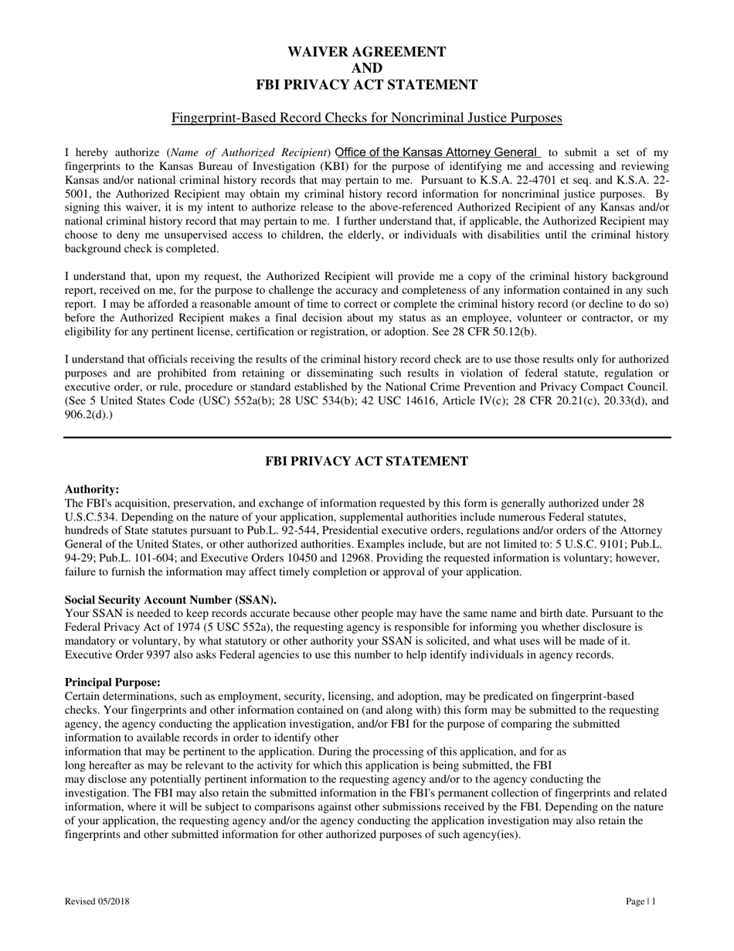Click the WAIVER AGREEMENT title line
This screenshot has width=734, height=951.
point(366,52)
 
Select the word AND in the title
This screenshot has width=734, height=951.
point(366,68)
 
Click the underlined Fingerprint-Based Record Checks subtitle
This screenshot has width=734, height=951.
point(366,118)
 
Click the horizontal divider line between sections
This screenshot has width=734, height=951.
point(366,438)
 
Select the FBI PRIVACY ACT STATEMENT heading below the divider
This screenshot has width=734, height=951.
point(366,462)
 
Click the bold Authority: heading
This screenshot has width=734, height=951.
point(92,489)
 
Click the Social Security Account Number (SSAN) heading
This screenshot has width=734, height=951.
point(171,600)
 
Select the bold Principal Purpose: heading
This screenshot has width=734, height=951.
point(113,683)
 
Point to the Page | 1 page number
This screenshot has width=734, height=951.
point(641,901)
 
